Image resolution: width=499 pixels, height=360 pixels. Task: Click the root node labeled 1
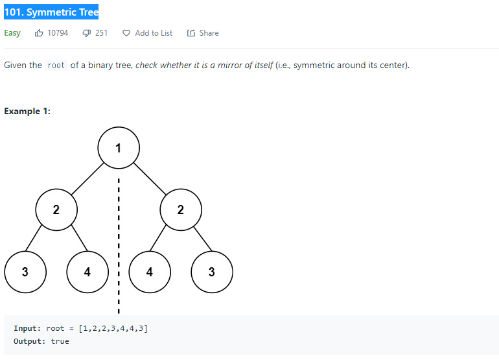click(x=118, y=148)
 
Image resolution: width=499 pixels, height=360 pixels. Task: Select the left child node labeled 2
click(x=56, y=210)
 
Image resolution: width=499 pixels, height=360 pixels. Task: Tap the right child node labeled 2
click(x=181, y=210)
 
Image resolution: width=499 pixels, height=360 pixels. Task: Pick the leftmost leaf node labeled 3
click(x=25, y=272)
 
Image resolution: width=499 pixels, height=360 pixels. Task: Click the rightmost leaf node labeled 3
click(x=212, y=272)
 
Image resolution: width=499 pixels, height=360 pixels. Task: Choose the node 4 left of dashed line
click(x=87, y=272)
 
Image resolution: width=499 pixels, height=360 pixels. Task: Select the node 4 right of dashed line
click(x=150, y=272)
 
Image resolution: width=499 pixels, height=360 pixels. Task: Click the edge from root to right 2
click(x=150, y=178)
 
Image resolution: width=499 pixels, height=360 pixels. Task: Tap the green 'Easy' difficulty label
click(x=12, y=33)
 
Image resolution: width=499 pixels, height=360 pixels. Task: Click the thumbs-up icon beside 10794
click(x=40, y=33)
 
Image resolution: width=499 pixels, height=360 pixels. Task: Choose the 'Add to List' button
click(x=148, y=33)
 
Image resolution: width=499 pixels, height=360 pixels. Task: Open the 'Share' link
click(x=203, y=33)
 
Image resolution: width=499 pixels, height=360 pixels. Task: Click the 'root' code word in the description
click(x=56, y=66)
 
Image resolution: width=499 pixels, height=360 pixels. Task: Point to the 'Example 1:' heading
click(x=27, y=111)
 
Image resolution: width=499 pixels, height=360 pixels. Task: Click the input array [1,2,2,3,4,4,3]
click(x=113, y=328)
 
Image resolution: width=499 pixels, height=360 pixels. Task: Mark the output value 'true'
click(x=60, y=341)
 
